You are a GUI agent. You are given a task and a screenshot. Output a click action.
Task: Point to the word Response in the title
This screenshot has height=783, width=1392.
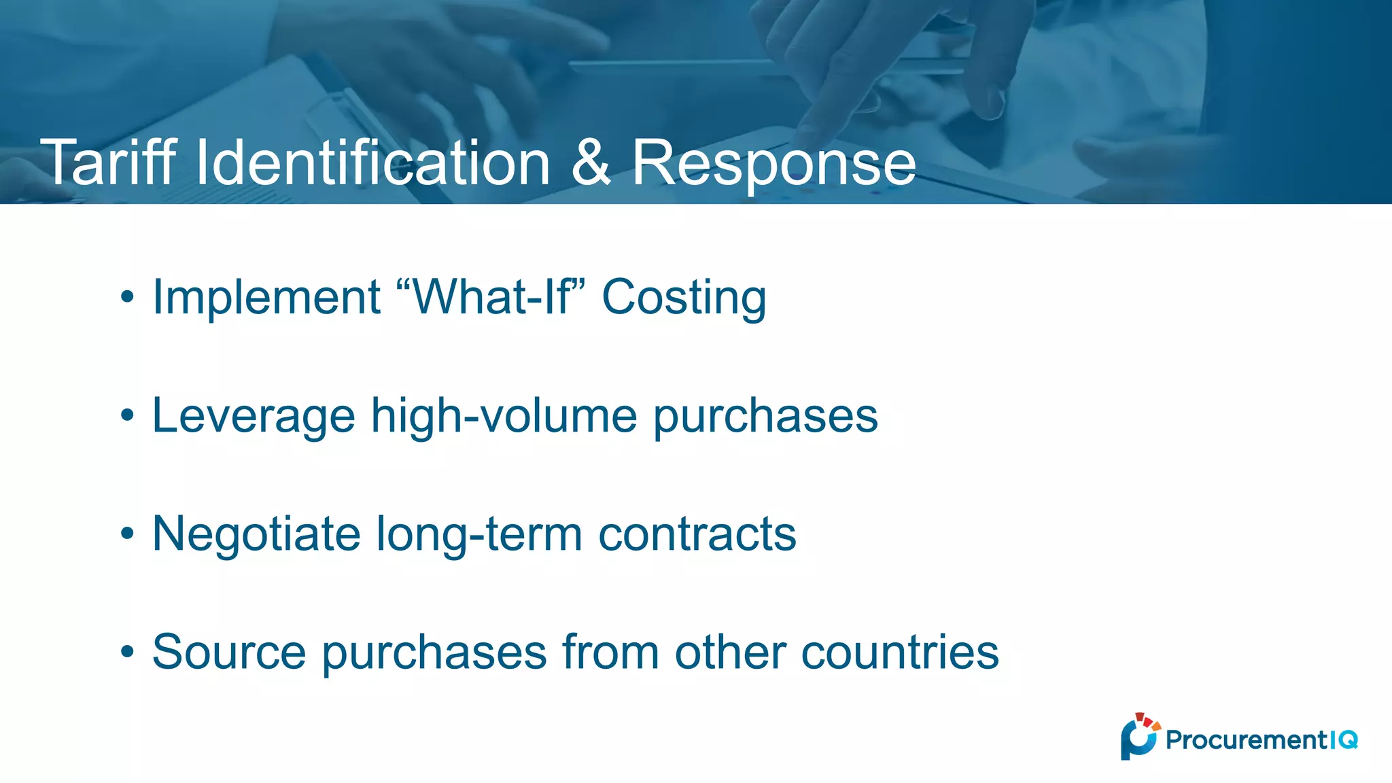774,163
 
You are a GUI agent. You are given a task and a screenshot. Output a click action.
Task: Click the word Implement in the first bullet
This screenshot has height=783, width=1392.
266,297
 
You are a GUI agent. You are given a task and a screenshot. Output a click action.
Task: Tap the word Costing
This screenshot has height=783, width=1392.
684,298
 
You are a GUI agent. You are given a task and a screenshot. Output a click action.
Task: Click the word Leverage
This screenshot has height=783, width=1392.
254,416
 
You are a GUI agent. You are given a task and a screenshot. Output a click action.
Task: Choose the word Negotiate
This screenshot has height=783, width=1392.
256,534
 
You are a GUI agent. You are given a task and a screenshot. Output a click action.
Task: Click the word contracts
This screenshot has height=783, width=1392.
697,534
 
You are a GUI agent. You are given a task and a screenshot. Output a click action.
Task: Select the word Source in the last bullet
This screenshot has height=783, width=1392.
229,652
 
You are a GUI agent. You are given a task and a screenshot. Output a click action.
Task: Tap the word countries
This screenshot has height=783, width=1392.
900,652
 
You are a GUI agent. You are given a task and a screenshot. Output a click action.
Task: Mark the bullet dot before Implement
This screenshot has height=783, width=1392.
127,297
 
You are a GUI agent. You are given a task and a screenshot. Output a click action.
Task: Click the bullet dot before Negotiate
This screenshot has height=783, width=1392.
127,534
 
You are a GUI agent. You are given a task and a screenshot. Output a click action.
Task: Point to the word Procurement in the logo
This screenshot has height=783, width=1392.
1246,739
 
